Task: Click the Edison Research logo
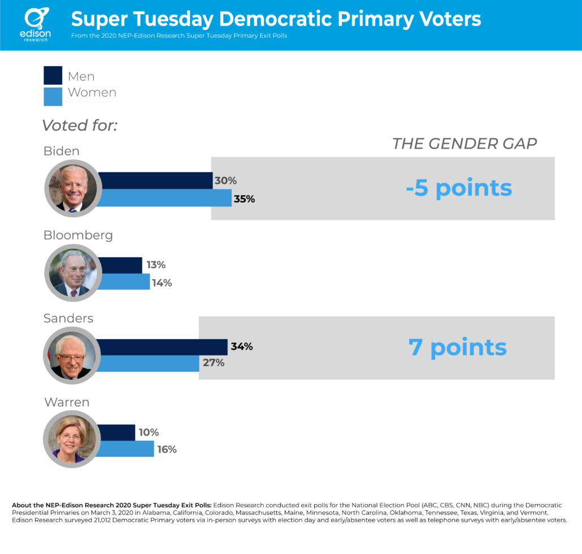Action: coord(36,24)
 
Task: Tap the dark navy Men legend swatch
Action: coord(53,75)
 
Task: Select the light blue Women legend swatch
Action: coord(53,97)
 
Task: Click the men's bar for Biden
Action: coord(155,180)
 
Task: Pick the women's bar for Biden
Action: coord(164,197)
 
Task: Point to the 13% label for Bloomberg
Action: coord(156,265)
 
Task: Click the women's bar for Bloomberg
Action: coord(124,282)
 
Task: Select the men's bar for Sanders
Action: coord(162,347)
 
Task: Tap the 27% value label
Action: coord(214,362)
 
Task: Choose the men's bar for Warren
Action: coord(116,432)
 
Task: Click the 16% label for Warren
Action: coord(167,449)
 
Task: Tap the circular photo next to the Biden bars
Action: coord(73,188)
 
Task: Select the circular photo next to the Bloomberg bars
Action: coord(73,273)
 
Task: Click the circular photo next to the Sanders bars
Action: coord(72,356)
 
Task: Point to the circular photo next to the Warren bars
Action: coord(72,439)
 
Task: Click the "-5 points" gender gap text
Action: coord(459,188)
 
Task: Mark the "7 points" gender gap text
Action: coord(458,348)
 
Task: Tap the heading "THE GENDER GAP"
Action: coord(464,144)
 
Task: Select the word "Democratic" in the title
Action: coord(275,19)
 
